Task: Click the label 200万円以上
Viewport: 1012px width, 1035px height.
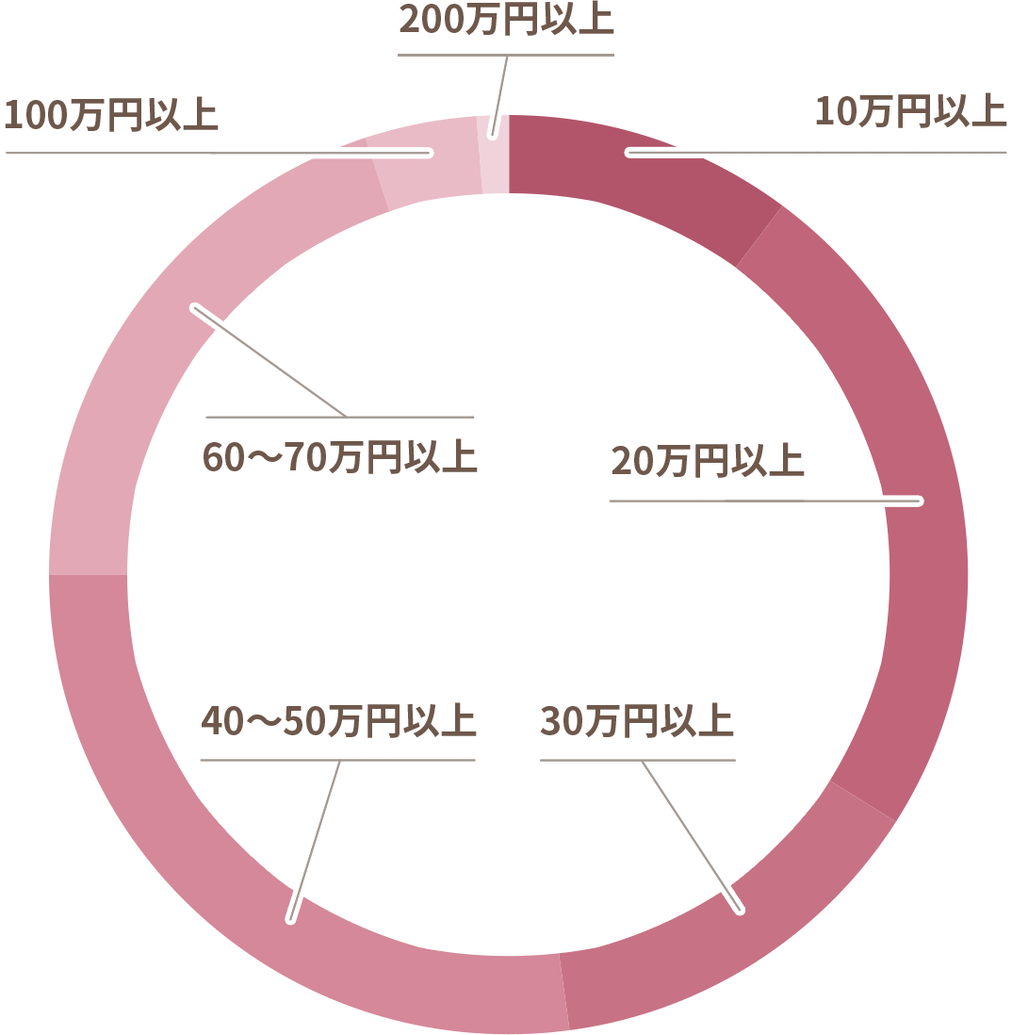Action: pos(506,19)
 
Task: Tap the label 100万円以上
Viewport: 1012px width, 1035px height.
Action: pos(111,115)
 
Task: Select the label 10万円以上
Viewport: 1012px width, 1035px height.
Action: pos(910,111)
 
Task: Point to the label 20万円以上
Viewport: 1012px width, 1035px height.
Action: pos(708,461)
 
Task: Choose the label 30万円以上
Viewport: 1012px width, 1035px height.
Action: pos(637,720)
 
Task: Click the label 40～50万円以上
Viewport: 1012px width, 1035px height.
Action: pos(338,720)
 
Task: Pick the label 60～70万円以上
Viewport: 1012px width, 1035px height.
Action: pos(339,457)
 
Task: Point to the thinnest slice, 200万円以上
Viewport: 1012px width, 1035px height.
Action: pos(495,156)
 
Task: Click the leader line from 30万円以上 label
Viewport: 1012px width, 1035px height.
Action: pos(691,836)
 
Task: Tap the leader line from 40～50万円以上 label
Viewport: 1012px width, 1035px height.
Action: pos(315,840)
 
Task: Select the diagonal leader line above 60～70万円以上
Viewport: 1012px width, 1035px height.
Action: pos(269,362)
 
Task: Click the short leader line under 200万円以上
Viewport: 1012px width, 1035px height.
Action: pos(498,96)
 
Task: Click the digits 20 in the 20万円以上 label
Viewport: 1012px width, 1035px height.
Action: pos(632,461)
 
